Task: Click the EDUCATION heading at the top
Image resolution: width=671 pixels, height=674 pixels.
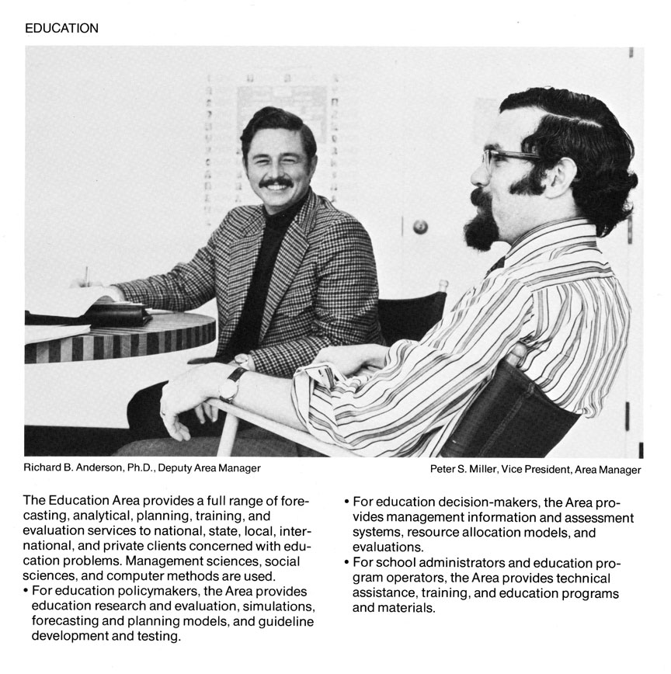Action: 61,29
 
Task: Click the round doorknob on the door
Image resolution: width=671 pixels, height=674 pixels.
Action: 420,227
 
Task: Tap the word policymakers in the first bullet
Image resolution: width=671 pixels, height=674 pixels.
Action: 143,591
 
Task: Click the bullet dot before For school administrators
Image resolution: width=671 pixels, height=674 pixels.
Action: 346,562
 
